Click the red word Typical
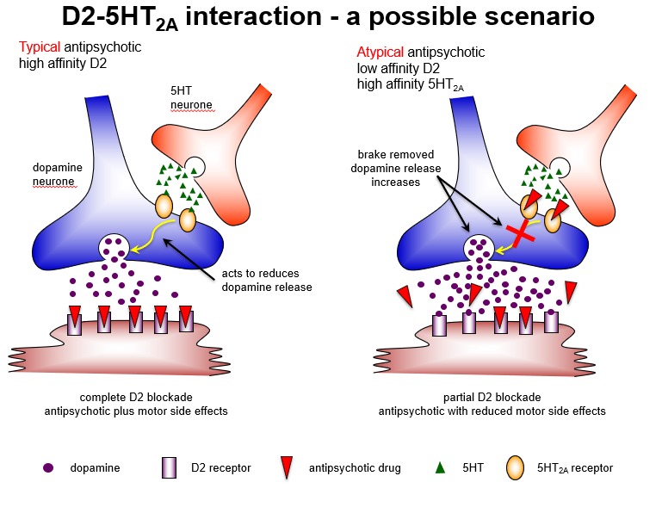point(39,46)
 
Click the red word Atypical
point(380,53)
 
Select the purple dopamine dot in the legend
point(48,468)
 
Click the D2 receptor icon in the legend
point(169,468)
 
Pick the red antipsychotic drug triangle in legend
point(287,468)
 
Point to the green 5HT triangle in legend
point(440,468)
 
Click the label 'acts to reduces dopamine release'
point(266,280)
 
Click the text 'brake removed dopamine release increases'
point(395,168)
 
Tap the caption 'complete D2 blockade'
point(136,397)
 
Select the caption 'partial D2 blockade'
point(492,397)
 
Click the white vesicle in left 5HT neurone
point(195,167)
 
